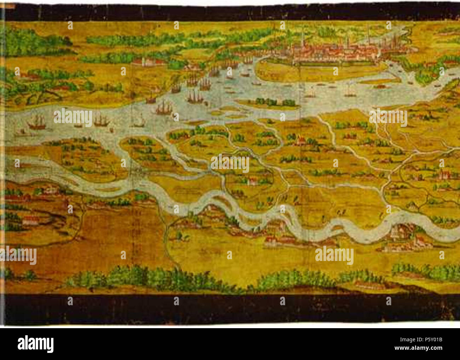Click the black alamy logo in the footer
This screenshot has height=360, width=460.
[36, 344]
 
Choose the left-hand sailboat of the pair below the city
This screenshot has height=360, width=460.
[311, 93]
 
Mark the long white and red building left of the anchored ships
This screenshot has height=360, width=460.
[149, 62]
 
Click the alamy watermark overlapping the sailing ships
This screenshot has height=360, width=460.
[73, 118]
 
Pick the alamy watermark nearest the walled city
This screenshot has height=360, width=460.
[388, 118]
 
